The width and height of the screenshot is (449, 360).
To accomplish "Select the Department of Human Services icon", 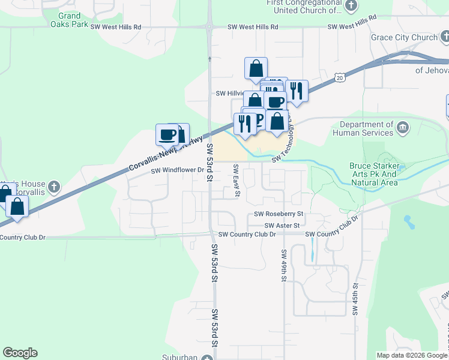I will pyautogui.click(x=402, y=127).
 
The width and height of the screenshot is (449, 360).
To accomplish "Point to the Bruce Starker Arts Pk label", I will pyautogui.click(x=373, y=174).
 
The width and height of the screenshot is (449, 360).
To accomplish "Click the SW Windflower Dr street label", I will pyautogui.click(x=178, y=170).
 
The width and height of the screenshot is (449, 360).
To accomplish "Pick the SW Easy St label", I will pyautogui.click(x=237, y=181).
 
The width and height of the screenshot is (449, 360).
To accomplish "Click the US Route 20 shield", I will pyautogui.click(x=340, y=78).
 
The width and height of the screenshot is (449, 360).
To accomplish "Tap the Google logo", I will pyautogui.click(x=20, y=353).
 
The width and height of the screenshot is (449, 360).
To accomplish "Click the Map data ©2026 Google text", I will pyautogui.click(x=412, y=355).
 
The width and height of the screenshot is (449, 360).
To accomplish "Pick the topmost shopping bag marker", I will pyautogui.click(x=256, y=68).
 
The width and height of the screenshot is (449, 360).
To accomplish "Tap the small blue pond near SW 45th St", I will pyautogui.click(x=409, y=221).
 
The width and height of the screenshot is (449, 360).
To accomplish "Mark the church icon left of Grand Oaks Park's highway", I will pyautogui.click(x=54, y=186).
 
